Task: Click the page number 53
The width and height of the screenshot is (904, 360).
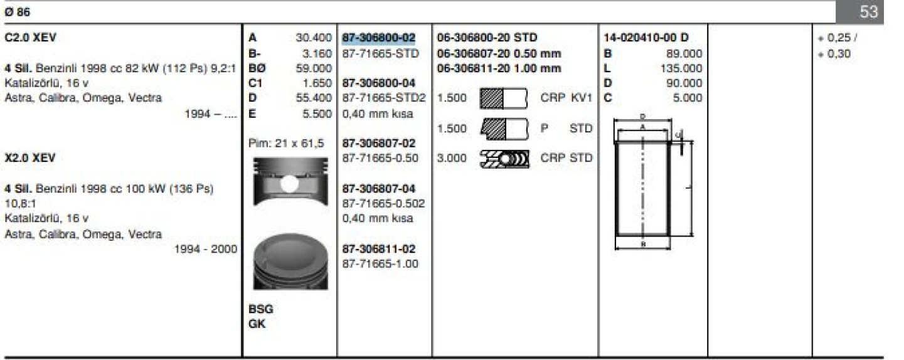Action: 868,13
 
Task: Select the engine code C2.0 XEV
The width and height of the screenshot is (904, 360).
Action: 30,38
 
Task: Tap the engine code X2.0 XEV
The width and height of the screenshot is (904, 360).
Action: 30,158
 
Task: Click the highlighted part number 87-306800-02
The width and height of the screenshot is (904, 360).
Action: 378,38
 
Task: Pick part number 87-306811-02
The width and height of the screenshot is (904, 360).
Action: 378,249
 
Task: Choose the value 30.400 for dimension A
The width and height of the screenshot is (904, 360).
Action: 314,38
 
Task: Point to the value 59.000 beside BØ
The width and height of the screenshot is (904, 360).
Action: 314,68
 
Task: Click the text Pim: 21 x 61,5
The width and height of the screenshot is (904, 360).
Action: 286,144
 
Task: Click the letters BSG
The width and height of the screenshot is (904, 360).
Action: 261,309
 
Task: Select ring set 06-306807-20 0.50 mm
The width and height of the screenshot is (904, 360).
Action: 499,53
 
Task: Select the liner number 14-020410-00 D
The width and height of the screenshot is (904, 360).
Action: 646,38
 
